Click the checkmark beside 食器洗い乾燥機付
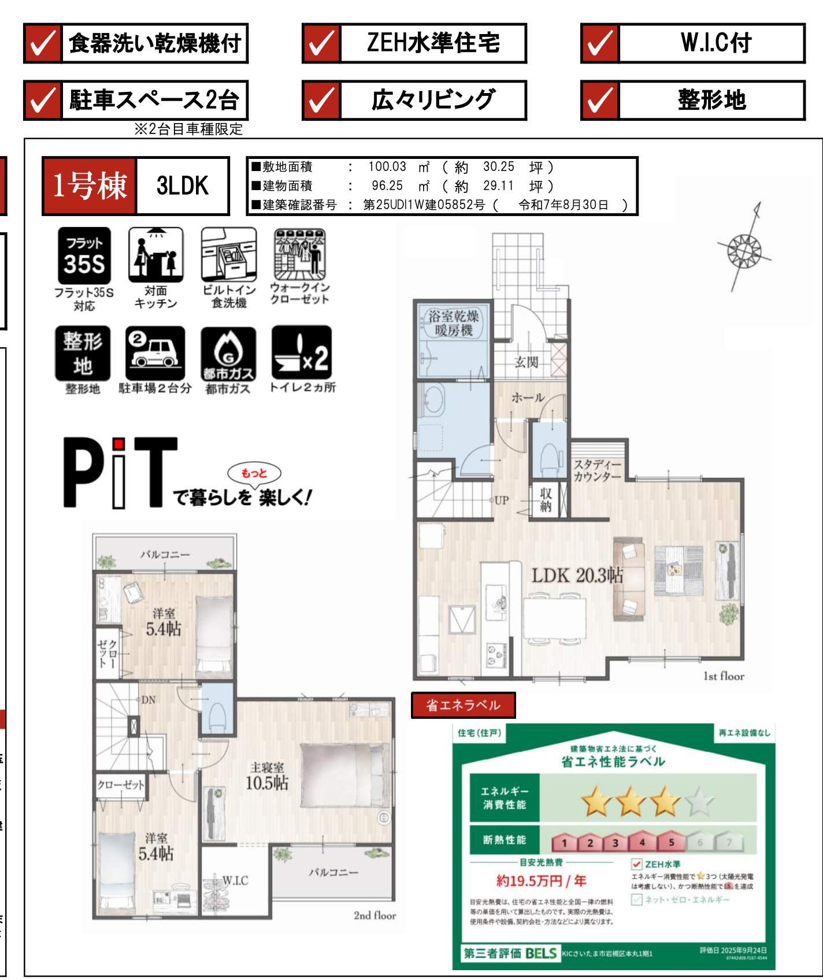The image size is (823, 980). (x=42, y=43)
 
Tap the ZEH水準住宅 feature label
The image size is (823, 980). (x=433, y=43)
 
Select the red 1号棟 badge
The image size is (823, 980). (x=90, y=186)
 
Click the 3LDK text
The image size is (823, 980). (x=182, y=186)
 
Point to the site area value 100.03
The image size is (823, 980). (x=387, y=167)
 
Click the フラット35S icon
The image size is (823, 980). (x=84, y=256)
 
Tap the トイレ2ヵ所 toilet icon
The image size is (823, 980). (x=301, y=354)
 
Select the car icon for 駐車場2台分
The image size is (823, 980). (x=155, y=354)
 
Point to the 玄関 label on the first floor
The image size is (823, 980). (x=527, y=362)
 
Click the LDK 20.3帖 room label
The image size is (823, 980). (x=577, y=575)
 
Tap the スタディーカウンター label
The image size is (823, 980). (x=597, y=470)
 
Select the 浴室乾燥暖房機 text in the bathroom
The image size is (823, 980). (x=454, y=324)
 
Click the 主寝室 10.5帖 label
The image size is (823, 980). (x=267, y=776)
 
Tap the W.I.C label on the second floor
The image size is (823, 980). (x=235, y=881)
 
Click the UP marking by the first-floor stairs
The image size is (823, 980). (x=501, y=500)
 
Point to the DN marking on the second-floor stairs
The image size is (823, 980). (x=148, y=700)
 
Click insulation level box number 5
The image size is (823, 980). (x=671, y=842)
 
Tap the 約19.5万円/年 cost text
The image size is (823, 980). (x=541, y=881)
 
